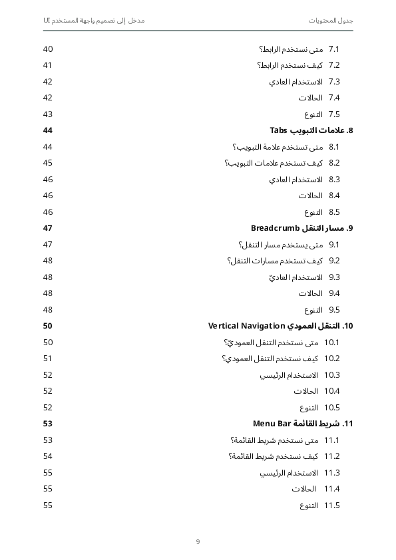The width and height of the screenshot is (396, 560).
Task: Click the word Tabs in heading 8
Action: point(278,130)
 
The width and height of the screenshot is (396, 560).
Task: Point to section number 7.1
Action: point(334,49)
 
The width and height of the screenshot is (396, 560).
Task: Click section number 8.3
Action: point(334,180)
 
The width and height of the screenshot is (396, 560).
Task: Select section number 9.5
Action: point(334,310)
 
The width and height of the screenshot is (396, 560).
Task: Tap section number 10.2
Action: point(332,358)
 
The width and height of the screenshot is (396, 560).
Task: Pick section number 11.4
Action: point(332,489)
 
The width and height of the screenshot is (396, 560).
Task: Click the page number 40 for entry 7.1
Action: point(48,49)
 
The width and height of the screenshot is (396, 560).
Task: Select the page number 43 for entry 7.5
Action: point(48,114)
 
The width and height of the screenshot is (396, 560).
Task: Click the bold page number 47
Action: point(48,228)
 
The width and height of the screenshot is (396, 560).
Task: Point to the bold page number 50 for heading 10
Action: point(48,326)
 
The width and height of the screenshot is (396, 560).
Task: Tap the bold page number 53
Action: point(48,424)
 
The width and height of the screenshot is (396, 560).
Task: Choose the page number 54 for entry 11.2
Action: point(48,456)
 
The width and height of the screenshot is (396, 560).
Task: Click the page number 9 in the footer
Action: point(198,541)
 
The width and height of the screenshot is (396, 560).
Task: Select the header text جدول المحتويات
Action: point(331,21)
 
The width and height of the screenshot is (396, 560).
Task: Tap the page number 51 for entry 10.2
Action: point(48,358)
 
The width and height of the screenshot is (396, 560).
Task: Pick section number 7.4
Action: point(334,98)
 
